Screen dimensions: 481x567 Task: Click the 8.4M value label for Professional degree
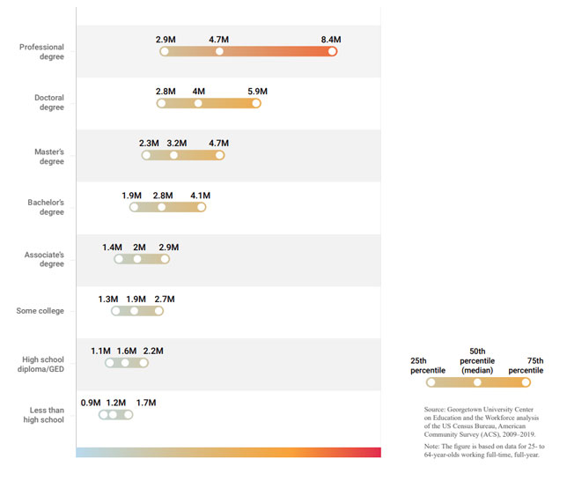click(331, 40)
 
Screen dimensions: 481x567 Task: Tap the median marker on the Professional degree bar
click(219, 51)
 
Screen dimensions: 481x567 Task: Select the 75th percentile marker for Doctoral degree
click(256, 103)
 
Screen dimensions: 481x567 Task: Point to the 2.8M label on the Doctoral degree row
click(166, 92)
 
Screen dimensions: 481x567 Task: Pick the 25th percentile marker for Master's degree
click(146, 155)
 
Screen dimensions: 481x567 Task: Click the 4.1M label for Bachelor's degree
click(200, 196)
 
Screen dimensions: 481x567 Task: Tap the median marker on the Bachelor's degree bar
click(162, 207)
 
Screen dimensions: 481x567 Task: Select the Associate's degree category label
click(44, 259)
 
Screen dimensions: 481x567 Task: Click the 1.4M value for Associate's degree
click(112, 248)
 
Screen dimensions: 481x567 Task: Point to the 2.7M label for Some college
click(164, 300)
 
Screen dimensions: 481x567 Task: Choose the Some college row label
click(40, 310)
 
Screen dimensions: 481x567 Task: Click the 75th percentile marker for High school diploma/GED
click(143, 363)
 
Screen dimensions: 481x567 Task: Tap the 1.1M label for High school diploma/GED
click(101, 351)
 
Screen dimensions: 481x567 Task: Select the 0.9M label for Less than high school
click(91, 403)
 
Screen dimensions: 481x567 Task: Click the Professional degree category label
click(41, 51)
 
